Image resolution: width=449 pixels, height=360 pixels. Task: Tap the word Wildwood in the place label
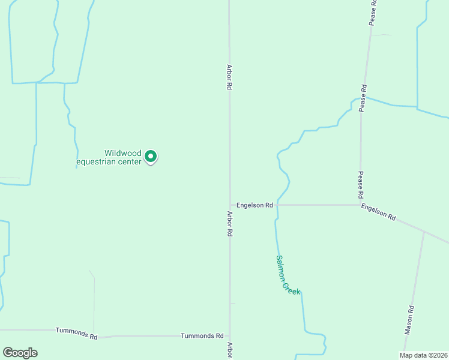point(122,153)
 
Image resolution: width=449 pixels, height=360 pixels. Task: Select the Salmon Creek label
point(288,274)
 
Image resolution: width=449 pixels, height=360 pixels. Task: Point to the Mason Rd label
point(409,320)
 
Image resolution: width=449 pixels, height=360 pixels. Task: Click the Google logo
point(20,353)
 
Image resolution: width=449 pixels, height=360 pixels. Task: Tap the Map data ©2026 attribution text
point(423,355)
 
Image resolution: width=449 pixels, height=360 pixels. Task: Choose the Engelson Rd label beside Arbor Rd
point(255,205)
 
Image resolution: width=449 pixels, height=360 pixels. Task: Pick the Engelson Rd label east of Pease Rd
point(378,212)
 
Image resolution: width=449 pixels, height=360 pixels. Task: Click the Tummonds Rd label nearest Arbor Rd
point(202,336)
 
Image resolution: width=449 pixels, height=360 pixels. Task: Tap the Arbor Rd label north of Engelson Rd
point(229,77)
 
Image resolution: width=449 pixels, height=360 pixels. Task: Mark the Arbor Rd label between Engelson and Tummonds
point(229,223)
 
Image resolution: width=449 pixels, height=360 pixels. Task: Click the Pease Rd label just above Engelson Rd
point(361,185)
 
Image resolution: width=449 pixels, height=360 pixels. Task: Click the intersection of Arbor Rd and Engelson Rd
point(230,205)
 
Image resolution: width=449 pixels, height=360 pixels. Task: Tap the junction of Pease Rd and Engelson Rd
point(360,205)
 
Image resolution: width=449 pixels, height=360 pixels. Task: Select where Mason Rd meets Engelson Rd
point(424,232)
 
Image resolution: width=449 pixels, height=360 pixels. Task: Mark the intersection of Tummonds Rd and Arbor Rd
point(229,335)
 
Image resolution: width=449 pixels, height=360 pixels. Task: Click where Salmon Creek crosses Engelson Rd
point(277,205)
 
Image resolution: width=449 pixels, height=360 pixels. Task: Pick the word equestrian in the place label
point(109,161)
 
